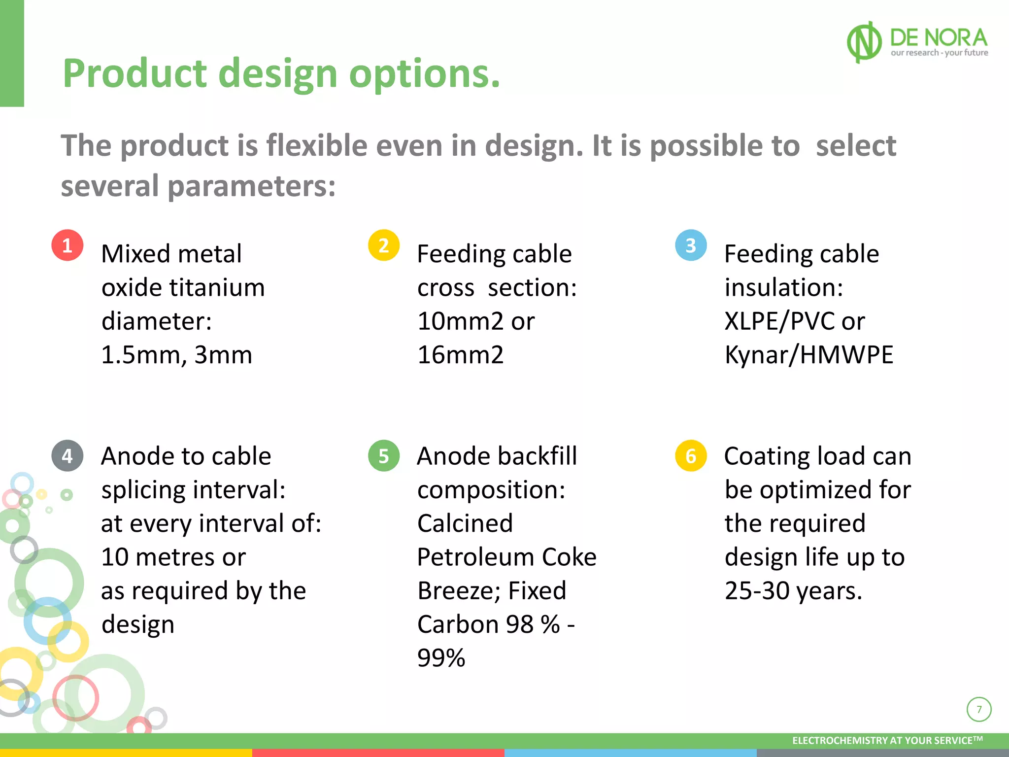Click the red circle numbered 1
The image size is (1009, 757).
click(67, 245)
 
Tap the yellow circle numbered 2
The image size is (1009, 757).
click(384, 245)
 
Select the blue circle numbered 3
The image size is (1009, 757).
click(691, 245)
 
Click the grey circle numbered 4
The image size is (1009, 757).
click(67, 456)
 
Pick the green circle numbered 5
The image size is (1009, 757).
click(384, 456)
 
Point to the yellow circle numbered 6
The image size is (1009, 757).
click(691, 456)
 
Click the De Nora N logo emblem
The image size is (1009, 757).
click(864, 42)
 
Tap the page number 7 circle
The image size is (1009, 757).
click(979, 710)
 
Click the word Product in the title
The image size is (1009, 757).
click(135, 74)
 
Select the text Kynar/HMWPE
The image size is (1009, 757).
click(808, 355)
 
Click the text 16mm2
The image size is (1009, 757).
click(460, 355)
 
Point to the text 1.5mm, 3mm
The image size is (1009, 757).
click(176, 355)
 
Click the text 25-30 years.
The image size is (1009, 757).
click(793, 591)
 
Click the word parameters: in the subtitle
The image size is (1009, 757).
click(251, 186)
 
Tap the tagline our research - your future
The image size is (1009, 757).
click(939, 53)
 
